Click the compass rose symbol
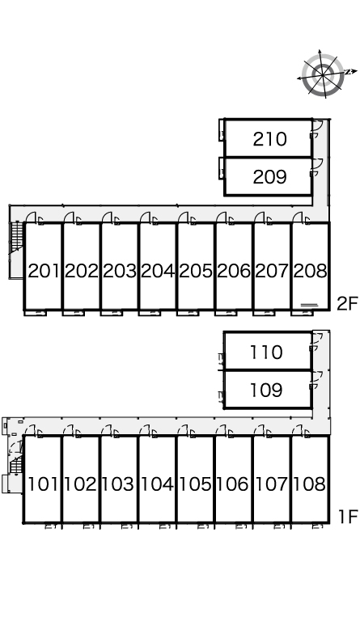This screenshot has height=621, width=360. click(x=324, y=74)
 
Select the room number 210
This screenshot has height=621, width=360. click(x=269, y=139)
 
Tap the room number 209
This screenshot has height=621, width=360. click(x=269, y=177)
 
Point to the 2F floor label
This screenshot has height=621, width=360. click(x=347, y=304)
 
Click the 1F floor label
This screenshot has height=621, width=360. click(x=348, y=517)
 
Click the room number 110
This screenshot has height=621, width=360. click(x=266, y=352)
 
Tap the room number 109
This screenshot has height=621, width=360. click(x=266, y=390)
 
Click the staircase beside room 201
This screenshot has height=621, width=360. click(x=17, y=238)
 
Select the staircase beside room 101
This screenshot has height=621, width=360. click(x=16, y=463)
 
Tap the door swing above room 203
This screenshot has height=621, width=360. click(x=107, y=217)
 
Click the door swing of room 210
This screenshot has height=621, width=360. click(x=317, y=128)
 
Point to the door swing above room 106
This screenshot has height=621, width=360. click(x=222, y=430)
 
